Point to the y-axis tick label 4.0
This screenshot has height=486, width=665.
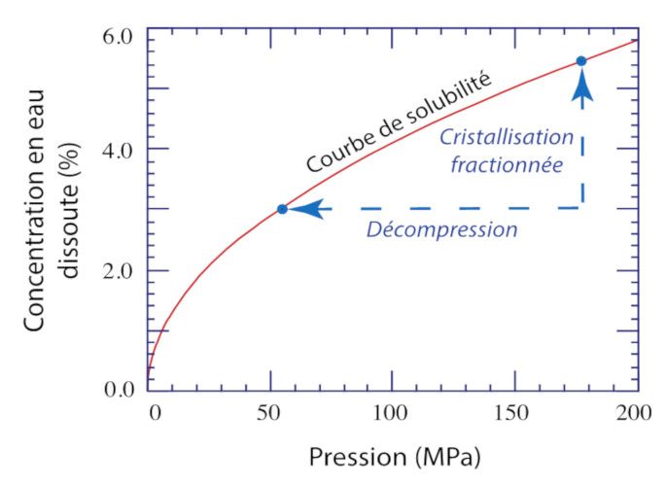tap(122, 149)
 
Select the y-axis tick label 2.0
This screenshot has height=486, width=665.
tap(122, 270)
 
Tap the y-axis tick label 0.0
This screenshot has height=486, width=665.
tap(122, 391)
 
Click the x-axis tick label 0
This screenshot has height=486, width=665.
tap(153, 412)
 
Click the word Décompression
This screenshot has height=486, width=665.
tap(441, 230)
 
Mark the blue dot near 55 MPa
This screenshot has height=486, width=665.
tap(282, 209)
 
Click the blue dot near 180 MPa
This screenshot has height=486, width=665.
tap(581, 61)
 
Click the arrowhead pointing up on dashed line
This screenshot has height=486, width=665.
tap(581, 87)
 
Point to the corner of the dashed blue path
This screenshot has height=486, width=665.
tap(581, 208)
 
